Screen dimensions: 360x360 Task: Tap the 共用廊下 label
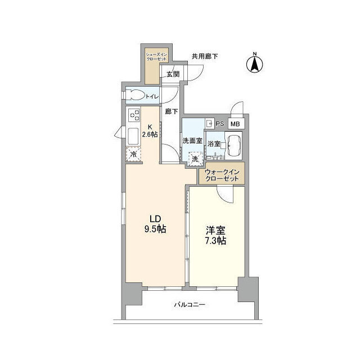coord(204,56)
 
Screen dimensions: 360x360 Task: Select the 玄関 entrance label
coord(173,74)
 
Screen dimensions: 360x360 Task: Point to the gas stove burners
coord(134,115)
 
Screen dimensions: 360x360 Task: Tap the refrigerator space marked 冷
coord(134,154)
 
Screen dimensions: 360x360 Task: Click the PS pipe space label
coord(220,124)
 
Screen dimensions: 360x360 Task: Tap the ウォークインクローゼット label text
coord(222,175)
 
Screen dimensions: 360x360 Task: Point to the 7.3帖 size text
coord(216,241)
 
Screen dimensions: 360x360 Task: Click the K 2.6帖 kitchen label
coord(150,130)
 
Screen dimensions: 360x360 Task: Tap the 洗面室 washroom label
coord(192,141)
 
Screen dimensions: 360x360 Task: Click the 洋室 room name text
coord(216,229)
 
